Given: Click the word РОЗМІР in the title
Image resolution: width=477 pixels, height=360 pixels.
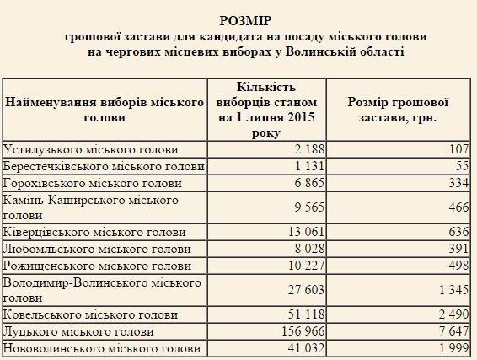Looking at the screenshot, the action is [x=238, y=19].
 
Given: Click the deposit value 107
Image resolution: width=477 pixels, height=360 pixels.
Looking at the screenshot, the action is [x=455, y=150].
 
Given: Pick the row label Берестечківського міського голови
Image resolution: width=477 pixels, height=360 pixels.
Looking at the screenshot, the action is [x=104, y=166].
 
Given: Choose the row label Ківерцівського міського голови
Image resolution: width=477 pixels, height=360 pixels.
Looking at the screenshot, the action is [x=95, y=232].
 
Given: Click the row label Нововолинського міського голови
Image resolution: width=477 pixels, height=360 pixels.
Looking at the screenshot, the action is [x=102, y=348].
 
